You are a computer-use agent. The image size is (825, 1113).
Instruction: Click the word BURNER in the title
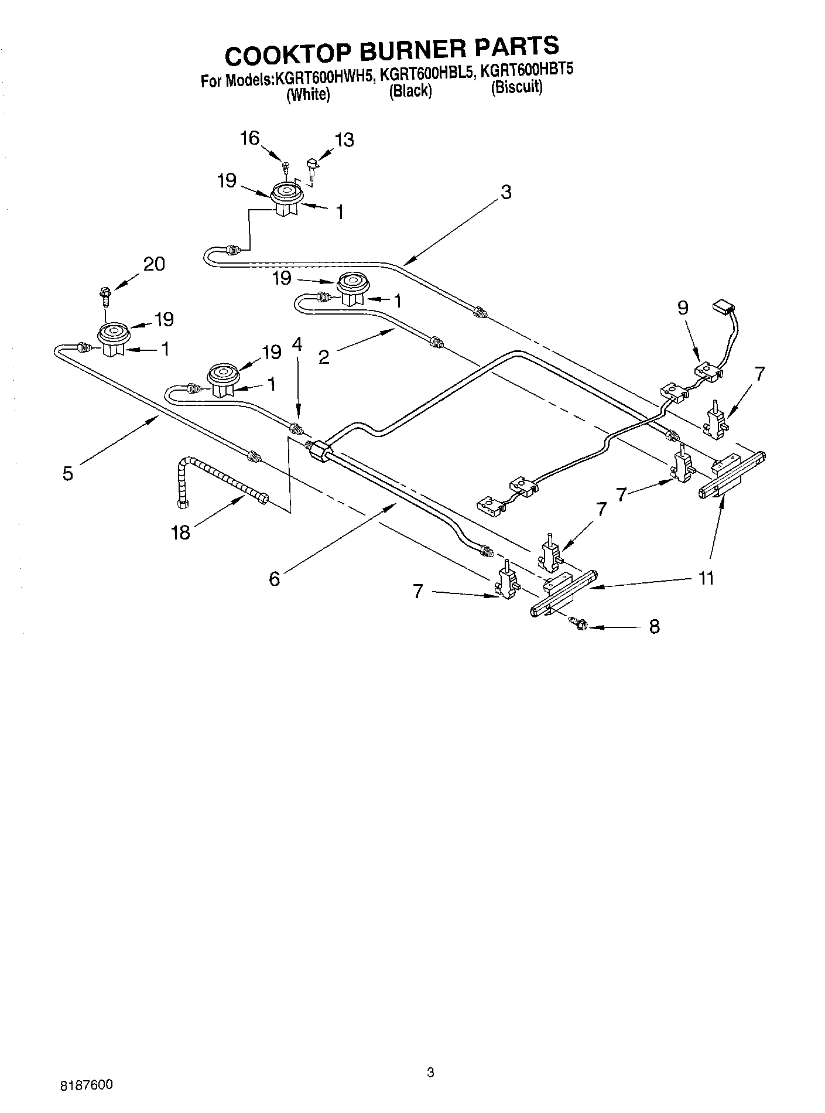414,51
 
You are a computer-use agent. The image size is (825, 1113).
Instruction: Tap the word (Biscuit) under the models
517,87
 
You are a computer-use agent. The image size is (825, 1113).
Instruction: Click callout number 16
249,138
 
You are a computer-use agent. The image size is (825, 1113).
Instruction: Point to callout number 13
344,140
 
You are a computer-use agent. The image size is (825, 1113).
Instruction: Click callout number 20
154,264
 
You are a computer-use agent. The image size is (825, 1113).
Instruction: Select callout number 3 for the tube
506,192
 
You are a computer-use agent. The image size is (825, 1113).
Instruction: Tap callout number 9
683,308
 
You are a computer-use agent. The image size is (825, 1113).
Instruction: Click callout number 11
707,578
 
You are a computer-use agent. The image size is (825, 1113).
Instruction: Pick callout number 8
655,627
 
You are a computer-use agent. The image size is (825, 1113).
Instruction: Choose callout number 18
181,532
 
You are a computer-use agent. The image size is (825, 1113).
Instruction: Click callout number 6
274,579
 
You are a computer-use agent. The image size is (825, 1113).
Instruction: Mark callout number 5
68,473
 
